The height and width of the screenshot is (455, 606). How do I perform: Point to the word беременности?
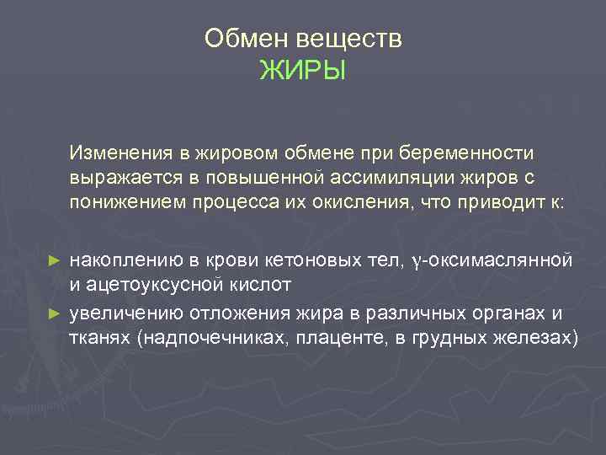(476, 154)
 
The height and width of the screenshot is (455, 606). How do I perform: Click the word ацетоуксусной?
(156, 284)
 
